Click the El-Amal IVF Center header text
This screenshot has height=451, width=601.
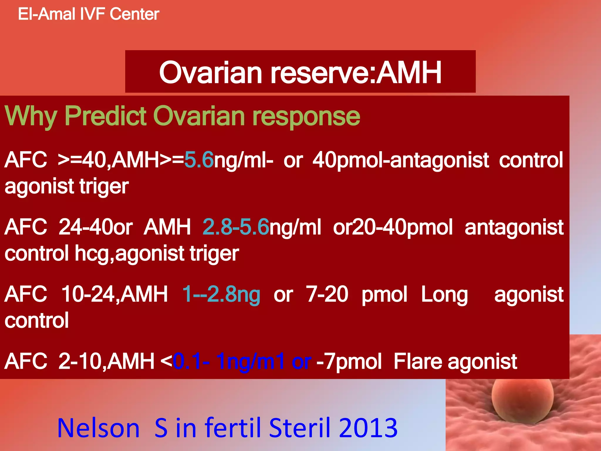[88, 14]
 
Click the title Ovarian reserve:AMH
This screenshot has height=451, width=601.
[300, 72]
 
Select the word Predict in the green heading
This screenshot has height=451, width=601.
[105, 116]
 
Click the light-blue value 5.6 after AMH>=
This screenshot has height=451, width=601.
[199, 160]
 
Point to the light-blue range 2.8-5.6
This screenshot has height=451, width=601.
[236, 227]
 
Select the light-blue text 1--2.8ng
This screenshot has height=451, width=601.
[221, 294]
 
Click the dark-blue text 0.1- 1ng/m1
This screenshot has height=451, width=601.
[229, 361]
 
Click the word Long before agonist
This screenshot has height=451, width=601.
[444, 295]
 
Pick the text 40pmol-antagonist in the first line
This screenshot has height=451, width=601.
[400, 160]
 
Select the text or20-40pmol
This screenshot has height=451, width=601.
[393, 227]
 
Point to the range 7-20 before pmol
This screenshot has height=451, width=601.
[327, 294]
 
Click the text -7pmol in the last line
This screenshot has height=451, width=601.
[349, 361]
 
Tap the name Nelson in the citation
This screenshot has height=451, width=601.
[98, 428]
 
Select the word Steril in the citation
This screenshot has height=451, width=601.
[300, 428]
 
